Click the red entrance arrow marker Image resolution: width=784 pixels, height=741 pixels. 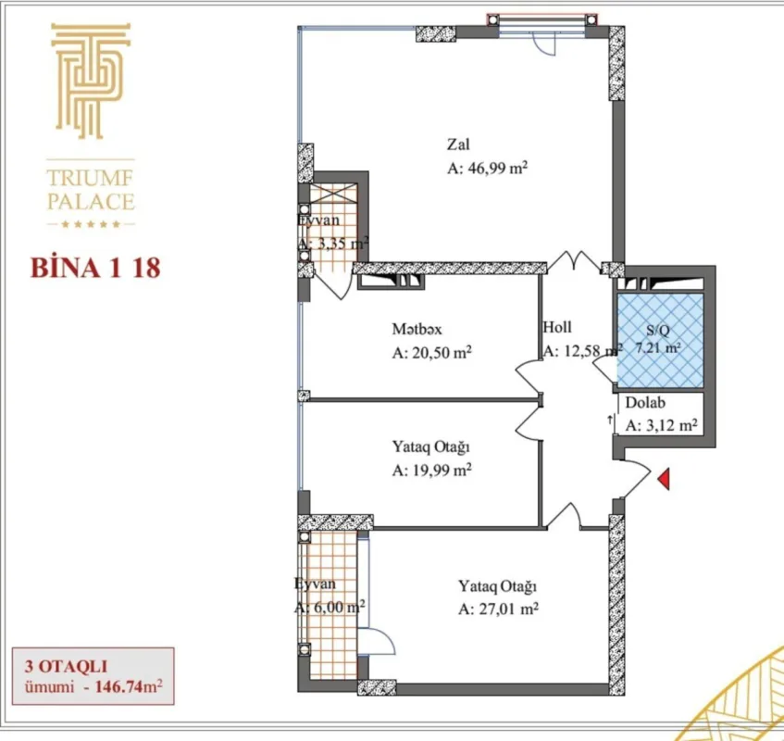pyautogui.click(x=663, y=479)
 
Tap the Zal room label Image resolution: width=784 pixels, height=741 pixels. pyautogui.click(x=458, y=145)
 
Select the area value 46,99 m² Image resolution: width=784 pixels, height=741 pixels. pyautogui.click(x=487, y=169)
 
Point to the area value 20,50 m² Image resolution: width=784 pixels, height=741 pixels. pyautogui.click(x=432, y=353)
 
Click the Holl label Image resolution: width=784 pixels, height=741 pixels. pyautogui.click(x=557, y=327)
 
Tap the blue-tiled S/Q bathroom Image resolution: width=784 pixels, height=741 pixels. pyautogui.click(x=659, y=341)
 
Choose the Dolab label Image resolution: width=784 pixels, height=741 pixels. pyautogui.click(x=644, y=403)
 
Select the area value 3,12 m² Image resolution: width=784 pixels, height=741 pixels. pyautogui.click(x=661, y=426)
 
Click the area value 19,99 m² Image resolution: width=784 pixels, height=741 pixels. pyautogui.click(x=432, y=470)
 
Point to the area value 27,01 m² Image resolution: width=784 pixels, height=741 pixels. pyautogui.click(x=498, y=609)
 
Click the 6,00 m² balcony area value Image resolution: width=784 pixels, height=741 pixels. pyautogui.click(x=330, y=608)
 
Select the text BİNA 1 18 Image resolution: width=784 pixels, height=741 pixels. pyautogui.click(x=95, y=269)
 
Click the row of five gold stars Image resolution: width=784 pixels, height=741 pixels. pyautogui.click(x=91, y=225)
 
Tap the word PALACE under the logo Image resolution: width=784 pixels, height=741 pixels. pyautogui.click(x=91, y=201)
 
